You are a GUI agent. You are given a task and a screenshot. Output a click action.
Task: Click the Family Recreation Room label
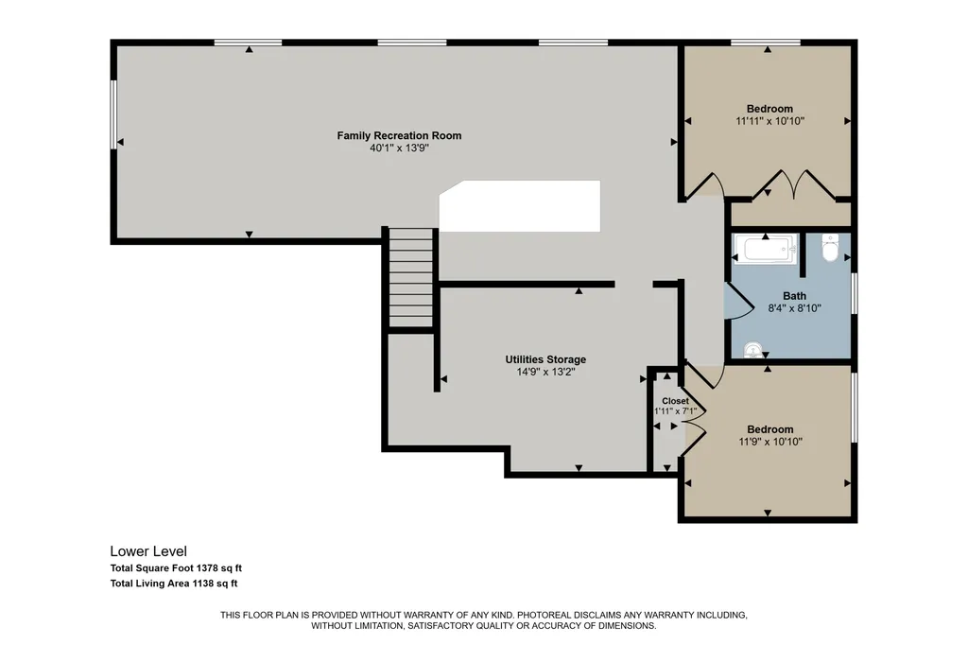[x=399, y=135]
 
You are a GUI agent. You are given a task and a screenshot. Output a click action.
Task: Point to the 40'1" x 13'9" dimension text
[x=399, y=148]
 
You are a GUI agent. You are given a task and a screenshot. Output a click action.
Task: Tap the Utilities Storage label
[x=545, y=359]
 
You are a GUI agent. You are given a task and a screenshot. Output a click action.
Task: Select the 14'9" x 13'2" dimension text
[x=545, y=372]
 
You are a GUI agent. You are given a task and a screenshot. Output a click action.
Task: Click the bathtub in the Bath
[x=766, y=250]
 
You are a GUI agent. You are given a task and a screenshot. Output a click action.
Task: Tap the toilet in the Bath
[x=830, y=249]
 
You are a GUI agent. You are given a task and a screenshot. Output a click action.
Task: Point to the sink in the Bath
[x=752, y=350]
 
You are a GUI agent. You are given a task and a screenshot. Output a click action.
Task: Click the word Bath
[x=794, y=296]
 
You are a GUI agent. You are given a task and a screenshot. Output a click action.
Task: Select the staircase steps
[x=411, y=277]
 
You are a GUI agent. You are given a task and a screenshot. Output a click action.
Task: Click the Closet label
[x=675, y=401]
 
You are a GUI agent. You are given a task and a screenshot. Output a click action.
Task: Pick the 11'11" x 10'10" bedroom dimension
[x=769, y=121]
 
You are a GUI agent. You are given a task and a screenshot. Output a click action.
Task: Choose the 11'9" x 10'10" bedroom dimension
[x=770, y=442]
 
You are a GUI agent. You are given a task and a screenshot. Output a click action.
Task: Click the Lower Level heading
[x=148, y=551]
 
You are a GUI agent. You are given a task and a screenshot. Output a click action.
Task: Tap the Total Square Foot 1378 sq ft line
[x=176, y=567]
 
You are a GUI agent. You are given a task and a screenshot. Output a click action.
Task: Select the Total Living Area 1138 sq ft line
[x=174, y=584]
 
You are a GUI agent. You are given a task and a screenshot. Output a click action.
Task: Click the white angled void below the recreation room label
[x=519, y=206]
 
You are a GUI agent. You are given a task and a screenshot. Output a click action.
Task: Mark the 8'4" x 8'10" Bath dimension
[x=794, y=308]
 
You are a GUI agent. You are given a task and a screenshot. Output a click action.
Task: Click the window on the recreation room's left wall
[x=113, y=113]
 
